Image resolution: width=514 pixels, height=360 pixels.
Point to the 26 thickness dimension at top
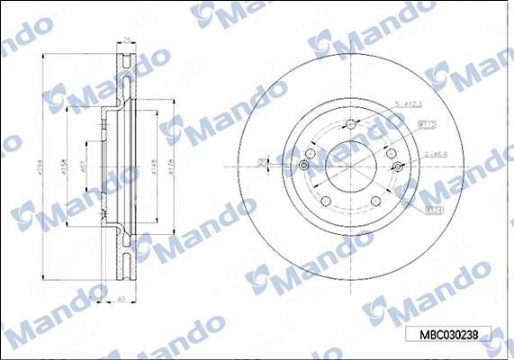127,40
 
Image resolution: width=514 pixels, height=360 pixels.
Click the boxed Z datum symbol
263,163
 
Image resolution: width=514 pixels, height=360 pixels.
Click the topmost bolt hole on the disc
350,124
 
